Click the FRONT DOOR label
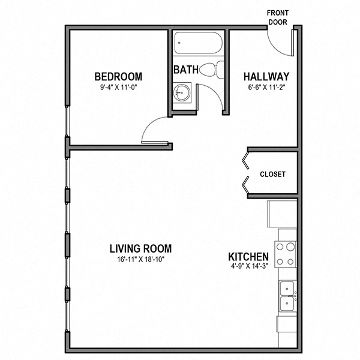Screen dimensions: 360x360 [x=278, y=17]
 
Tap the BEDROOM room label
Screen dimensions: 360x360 [x=118, y=77]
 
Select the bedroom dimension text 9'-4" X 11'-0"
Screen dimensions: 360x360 [x=118, y=87]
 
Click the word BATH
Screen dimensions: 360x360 [x=186, y=70]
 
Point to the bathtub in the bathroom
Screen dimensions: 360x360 [x=198, y=43]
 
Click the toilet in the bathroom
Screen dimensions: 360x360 [x=212, y=70]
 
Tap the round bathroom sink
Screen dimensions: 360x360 [x=182, y=92]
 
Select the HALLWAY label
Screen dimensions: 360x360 [x=266, y=77]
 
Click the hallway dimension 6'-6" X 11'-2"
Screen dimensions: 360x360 [x=266, y=87]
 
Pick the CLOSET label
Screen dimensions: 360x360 [x=273, y=174]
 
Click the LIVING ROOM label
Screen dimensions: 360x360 [x=140, y=248]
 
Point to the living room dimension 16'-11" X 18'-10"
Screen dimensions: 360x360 [x=140, y=259]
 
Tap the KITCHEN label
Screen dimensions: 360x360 [x=248, y=257]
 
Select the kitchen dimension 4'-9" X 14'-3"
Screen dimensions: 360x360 [x=250, y=266]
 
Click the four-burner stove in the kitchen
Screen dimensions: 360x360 [x=286, y=254]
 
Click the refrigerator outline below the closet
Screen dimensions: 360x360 [x=282, y=214]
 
